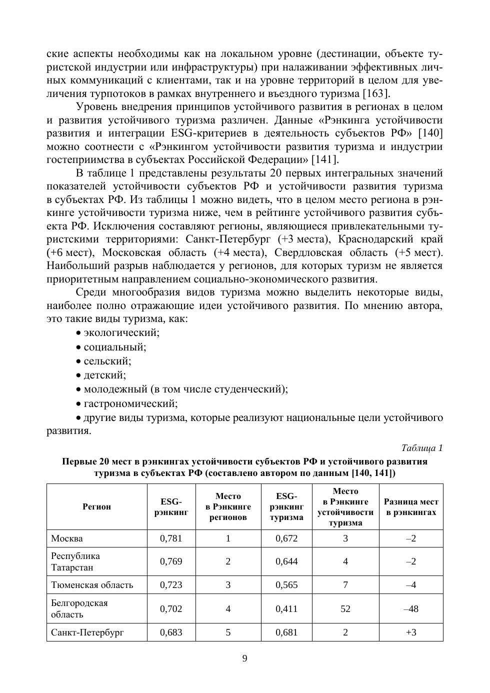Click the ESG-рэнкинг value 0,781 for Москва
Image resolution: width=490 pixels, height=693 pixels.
(171, 538)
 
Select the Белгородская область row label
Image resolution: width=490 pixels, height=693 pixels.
(79, 608)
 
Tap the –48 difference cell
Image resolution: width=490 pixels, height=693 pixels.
(411, 608)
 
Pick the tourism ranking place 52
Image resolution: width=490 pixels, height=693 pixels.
(345, 608)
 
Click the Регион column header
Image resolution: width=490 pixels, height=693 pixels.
(97, 506)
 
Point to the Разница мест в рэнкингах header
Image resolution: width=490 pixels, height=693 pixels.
(411, 506)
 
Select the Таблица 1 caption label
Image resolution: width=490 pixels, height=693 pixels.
(422, 448)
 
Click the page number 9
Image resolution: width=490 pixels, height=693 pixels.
(244, 658)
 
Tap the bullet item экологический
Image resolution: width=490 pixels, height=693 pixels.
(121, 332)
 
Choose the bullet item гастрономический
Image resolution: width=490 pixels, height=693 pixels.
(130, 403)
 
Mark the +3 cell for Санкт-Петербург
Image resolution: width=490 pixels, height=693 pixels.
(411, 632)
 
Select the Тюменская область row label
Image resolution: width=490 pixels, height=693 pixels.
(92, 584)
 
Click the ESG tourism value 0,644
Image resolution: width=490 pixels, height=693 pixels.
(286, 561)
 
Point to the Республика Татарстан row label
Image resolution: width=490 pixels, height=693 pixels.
(75, 561)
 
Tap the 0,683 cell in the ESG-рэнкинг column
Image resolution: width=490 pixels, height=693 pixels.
(171, 632)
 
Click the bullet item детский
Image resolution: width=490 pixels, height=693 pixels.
(104, 374)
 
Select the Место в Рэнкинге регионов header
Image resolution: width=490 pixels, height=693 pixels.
(228, 506)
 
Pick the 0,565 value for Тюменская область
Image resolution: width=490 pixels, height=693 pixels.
(286, 584)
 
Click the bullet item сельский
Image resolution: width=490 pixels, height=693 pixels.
(107, 360)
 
